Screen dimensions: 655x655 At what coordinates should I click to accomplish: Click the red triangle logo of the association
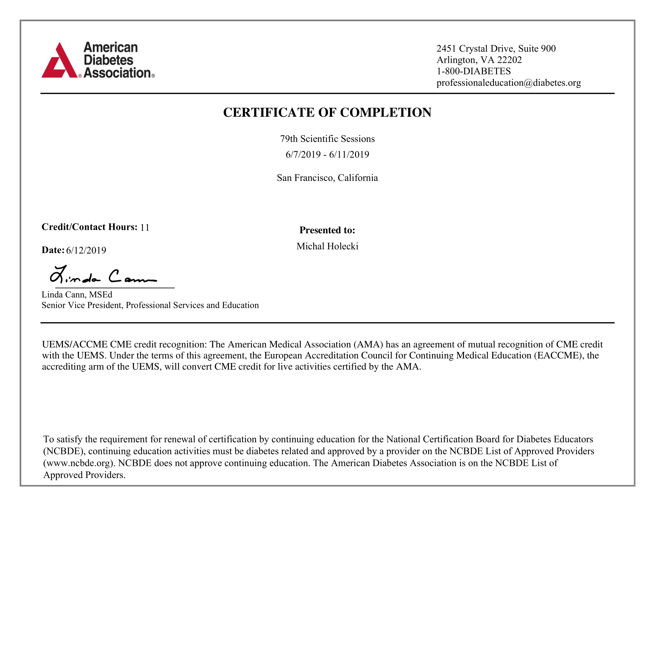coord(59,61)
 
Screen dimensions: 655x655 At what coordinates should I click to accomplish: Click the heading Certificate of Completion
coord(327,113)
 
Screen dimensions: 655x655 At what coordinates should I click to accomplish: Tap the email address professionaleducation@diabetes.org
coord(509,83)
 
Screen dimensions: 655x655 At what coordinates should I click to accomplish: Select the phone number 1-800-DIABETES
coord(474,71)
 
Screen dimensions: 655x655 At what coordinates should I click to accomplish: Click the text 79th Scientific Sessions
coord(327,139)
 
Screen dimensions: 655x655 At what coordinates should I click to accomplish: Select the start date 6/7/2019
coord(303,155)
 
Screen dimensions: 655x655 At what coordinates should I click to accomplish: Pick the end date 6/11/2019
coord(349,155)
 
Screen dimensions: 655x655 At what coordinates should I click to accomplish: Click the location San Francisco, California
coord(327,178)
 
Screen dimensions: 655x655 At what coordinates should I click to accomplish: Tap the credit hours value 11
coord(145,227)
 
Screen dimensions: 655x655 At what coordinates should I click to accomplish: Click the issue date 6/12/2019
coord(86,250)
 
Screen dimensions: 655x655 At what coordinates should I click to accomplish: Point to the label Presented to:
coord(327,230)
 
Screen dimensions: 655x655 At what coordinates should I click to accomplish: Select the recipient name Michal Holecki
coord(327,246)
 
